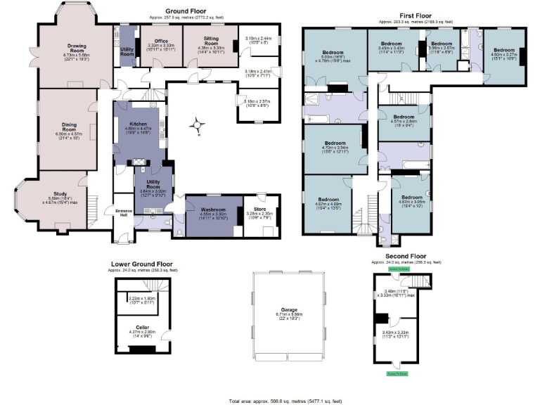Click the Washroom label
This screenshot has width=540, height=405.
[x=212, y=210]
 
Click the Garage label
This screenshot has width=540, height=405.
[x=289, y=314]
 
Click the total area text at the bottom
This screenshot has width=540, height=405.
[x=285, y=400]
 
